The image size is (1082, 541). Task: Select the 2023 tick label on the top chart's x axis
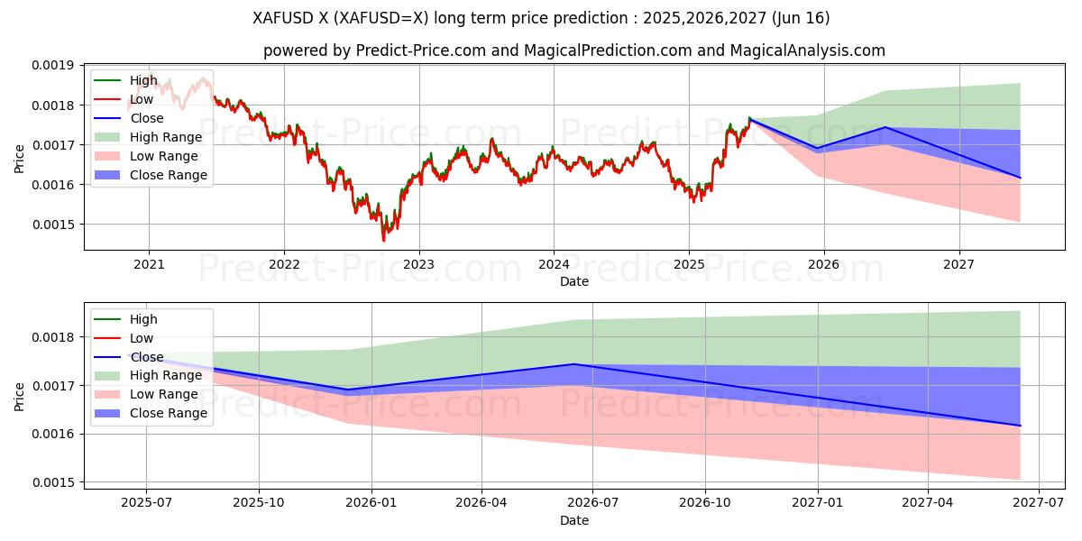[418, 264]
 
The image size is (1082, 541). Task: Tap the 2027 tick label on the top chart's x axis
[958, 264]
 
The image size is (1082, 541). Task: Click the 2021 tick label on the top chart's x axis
[149, 264]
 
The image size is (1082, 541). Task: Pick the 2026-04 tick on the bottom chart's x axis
[481, 503]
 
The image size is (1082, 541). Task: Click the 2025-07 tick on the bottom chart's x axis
[147, 503]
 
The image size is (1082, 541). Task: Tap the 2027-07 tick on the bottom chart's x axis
[1039, 503]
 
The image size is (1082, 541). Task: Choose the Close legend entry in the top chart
[147, 118]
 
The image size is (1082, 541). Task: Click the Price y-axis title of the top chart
[19, 159]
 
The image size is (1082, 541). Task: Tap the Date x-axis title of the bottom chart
[573, 520]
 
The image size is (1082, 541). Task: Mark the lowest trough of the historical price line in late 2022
[383, 240]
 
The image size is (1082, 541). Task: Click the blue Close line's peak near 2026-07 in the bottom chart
[574, 364]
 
